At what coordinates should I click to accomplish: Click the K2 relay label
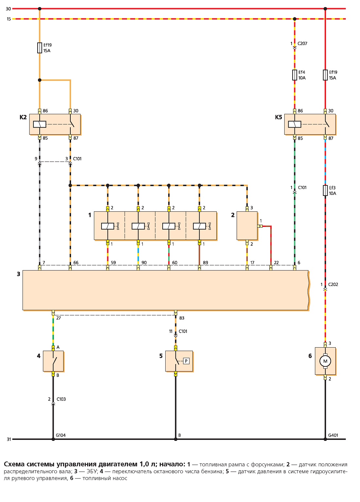23,117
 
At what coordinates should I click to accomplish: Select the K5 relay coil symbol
295,124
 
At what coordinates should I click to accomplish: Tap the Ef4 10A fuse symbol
295,75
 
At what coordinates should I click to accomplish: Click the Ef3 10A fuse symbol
325,190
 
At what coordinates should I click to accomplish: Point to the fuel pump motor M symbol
325,361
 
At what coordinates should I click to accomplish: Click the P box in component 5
186,361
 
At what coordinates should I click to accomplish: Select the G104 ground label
61,435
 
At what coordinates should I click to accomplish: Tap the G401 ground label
333,435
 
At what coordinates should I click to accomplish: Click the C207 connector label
302,43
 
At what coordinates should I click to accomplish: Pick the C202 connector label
333,285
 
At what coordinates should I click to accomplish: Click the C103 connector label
61,399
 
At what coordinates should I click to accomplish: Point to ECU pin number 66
76,263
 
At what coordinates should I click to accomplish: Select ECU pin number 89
205,263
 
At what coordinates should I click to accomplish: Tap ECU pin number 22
276,263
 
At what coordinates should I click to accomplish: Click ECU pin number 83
182,318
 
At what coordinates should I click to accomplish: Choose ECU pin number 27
59,318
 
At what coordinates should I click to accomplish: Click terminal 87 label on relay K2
76,138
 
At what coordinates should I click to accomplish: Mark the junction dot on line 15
295,19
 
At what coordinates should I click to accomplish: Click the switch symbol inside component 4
54,361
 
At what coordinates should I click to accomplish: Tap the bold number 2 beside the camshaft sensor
233,215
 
